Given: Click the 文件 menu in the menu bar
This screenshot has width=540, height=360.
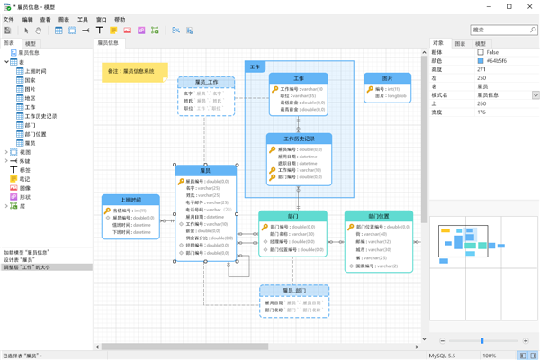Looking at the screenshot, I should point(9,19).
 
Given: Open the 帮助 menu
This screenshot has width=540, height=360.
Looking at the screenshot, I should point(120,19).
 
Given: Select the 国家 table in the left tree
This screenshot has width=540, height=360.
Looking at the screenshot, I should point(31,80).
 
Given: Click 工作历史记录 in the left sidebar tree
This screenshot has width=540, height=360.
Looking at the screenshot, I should point(40,116).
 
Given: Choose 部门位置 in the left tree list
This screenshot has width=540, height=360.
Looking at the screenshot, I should point(36,134).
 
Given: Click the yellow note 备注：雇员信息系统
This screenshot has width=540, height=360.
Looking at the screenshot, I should point(134,71).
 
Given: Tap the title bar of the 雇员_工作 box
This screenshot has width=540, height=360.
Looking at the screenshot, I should point(206,82).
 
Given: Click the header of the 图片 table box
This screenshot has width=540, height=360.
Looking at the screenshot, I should point(387,79).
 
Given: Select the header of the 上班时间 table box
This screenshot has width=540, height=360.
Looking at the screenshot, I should point(130,200).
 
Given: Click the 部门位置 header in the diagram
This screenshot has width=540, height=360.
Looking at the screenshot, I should point(379,216).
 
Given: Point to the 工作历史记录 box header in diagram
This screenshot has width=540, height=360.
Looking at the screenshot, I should point(300,139).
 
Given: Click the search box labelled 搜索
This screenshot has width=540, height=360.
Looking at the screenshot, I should point(499,30).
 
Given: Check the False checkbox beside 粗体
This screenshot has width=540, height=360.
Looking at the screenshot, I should point(481,52).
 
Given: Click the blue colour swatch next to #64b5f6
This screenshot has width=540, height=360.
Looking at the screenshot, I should point(481,61).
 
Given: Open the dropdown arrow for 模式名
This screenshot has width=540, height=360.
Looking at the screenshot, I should point(535,95).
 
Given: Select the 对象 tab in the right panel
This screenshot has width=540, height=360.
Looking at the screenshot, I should point(438,43).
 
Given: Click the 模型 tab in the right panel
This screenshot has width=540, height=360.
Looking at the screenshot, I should point(481,43).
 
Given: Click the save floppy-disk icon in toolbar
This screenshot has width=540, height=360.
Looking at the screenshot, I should point(8,31).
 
